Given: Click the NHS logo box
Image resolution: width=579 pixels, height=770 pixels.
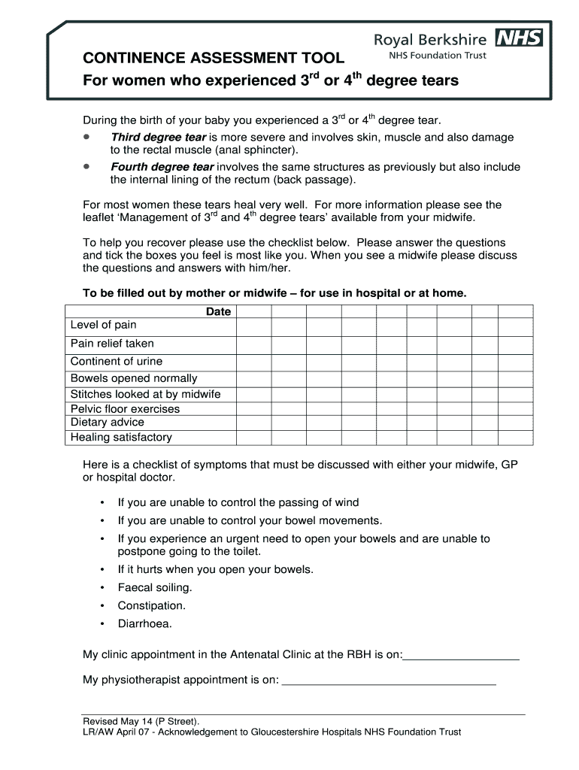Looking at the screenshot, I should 519,38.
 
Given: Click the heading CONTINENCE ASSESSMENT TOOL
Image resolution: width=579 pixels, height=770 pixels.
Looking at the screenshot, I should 214,58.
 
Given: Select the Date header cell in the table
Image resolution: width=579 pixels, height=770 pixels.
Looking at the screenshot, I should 218,312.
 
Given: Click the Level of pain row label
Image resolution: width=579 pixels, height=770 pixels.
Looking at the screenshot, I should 104,325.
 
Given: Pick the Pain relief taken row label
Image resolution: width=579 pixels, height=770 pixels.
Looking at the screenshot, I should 112,344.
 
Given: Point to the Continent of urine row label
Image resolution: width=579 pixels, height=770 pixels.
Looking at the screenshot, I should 116,361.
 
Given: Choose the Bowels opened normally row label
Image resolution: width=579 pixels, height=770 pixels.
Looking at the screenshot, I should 134,378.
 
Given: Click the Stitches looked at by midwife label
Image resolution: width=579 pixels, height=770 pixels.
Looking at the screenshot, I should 145,394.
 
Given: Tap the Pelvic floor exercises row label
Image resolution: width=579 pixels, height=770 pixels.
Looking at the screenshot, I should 125,409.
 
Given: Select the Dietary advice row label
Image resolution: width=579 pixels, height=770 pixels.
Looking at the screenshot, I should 107,422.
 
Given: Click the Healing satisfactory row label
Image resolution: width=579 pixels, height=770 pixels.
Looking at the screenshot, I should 121,437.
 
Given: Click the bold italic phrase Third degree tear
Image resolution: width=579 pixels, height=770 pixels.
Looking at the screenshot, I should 158,138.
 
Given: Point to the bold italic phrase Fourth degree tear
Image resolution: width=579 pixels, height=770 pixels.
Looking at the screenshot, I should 162,167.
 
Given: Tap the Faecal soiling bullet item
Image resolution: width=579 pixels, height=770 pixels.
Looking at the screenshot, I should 155,587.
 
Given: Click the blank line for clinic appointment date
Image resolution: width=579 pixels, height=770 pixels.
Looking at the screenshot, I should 461,656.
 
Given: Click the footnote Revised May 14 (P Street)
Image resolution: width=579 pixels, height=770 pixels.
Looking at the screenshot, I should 141,720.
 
